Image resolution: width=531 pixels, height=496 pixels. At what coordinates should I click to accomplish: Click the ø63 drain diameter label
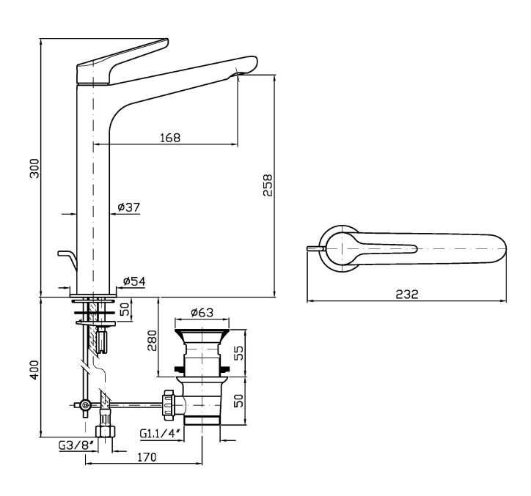[202, 313]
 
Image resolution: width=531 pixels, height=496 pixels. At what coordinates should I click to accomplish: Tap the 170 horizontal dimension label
[146, 458]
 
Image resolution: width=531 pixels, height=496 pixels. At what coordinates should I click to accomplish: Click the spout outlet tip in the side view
[243, 70]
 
